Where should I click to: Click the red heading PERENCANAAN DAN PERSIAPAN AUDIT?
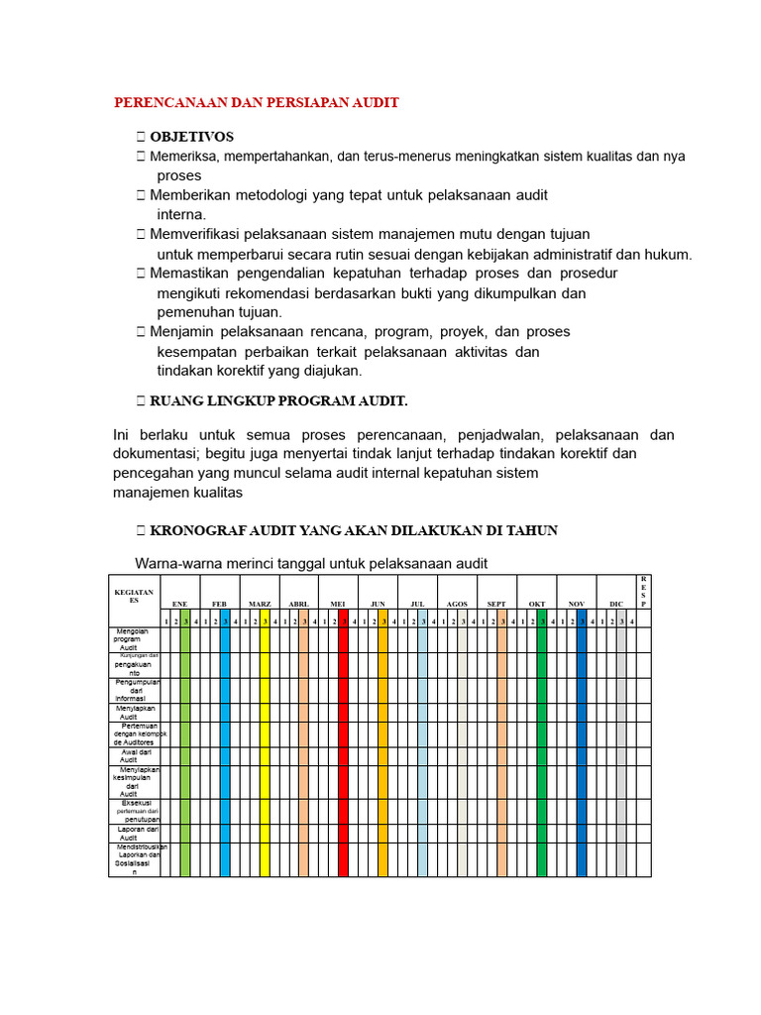(x=257, y=103)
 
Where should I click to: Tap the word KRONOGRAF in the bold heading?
(x=195, y=530)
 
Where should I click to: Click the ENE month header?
(x=179, y=604)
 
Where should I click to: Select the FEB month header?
(x=219, y=604)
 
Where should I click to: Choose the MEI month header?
(x=338, y=604)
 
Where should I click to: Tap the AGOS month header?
(x=457, y=604)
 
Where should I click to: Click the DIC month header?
(x=616, y=604)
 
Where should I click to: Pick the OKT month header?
(x=537, y=604)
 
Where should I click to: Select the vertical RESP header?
(x=642, y=591)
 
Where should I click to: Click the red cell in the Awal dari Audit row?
(x=344, y=756)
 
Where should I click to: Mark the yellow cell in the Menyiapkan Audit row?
(x=265, y=713)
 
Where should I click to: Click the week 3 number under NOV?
(x=582, y=620)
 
